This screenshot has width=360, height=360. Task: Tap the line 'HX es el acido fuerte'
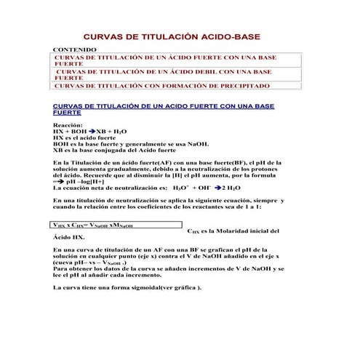pyautogui.click(x=85, y=137)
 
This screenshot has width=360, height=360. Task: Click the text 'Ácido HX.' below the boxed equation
pyautogui.click(x=70, y=237)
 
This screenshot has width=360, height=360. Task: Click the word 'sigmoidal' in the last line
pyautogui.click(x=140, y=287)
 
